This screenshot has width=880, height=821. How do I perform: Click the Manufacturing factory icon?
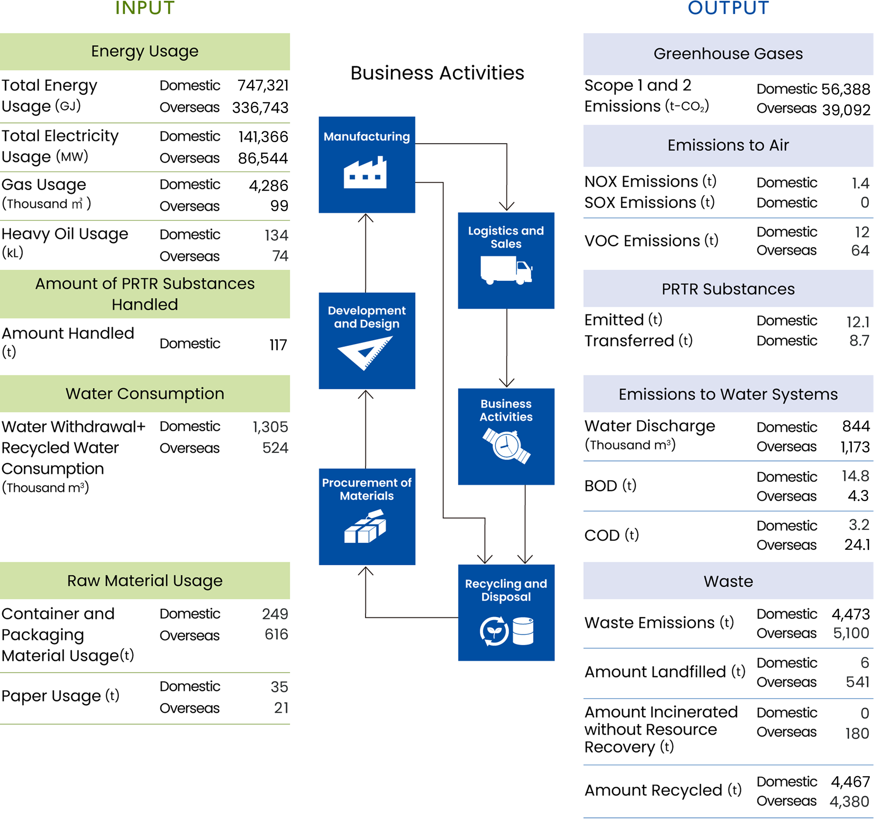pyautogui.click(x=365, y=173)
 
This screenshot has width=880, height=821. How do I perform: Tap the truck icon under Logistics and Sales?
pyautogui.click(x=506, y=270)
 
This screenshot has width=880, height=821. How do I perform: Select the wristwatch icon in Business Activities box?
pyautogui.click(x=506, y=445)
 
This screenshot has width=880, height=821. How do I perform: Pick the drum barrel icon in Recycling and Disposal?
pyautogui.click(x=523, y=631)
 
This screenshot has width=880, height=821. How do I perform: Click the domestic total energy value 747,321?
pyautogui.click(x=263, y=85)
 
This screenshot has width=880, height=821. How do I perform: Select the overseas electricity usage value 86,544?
pyautogui.click(x=263, y=158)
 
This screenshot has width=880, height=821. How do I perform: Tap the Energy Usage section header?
pyautogui.click(x=145, y=52)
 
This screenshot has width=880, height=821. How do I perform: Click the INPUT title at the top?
pyautogui.click(x=145, y=8)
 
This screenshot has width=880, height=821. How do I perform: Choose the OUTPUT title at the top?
pyautogui.click(x=728, y=8)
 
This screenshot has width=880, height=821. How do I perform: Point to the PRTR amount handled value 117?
pyautogui.click(x=278, y=345)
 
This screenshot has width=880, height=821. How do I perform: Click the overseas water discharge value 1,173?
pyautogui.click(x=855, y=447)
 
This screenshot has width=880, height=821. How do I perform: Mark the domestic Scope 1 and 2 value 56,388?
pyautogui.click(x=845, y=89)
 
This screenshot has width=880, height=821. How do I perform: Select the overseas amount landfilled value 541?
pyautogui.click(x=857, y=681)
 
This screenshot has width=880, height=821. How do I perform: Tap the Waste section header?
pyautogui.click(x=728, y=581)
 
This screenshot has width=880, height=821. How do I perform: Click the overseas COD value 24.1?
pyautogui.click(x=857, y=544)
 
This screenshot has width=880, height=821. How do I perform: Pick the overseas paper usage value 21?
pyautogui.click(x=281, y=707)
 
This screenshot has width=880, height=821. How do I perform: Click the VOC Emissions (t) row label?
pyautogui.click(x=651, y=241)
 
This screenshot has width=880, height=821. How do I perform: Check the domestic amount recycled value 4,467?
pyautogui.click(x=850, y=781)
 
